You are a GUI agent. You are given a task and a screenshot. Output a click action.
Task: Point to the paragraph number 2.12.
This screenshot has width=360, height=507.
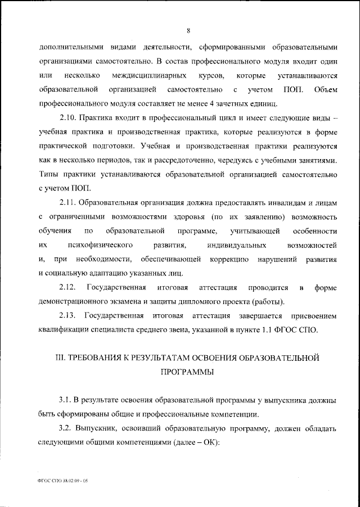click(68, 288)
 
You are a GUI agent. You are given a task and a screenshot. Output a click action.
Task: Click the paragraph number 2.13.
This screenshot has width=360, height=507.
click(68, 316)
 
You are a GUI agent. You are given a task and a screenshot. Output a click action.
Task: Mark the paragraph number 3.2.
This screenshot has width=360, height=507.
click(66, 428)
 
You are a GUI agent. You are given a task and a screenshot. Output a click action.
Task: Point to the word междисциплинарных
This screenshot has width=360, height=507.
click(145, 75)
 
